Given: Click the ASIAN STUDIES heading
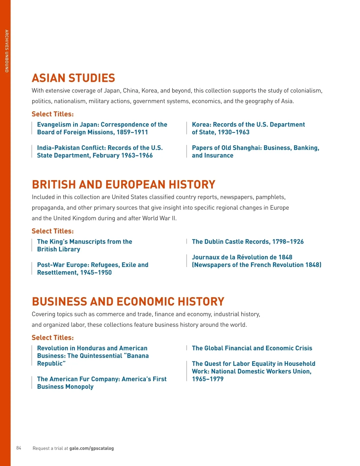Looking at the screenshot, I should (x=73, y=78).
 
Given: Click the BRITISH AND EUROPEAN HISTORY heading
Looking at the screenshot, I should (x=124, y=185).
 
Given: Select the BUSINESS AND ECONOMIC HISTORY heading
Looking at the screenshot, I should (x=128, y=302).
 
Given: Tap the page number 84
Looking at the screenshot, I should (x=19, y=448).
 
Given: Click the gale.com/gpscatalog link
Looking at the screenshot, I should (x=91, y=448).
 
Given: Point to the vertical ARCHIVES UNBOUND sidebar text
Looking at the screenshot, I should (x=6, y=51).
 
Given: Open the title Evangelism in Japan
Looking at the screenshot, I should (x=102, y=128).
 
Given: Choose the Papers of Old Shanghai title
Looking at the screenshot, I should (x=255, y=152).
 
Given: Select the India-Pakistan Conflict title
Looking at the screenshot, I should (x=100, y=152).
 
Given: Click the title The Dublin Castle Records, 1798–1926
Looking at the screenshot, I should (x=247, y=242).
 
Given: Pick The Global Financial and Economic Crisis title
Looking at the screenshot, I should (x=252, y=348).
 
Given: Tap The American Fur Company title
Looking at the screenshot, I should (x=102, y=383).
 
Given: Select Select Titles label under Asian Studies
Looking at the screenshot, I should (x=52, y=114).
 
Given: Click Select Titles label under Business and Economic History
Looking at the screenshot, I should (x=52, y=338).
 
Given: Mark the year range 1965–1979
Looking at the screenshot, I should (x=208, y=379).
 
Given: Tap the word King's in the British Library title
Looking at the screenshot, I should (x=58, y=242).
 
